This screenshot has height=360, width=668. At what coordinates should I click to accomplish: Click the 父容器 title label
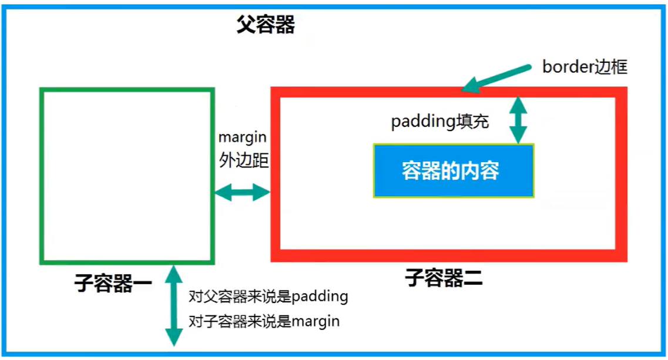[x=265, y=25]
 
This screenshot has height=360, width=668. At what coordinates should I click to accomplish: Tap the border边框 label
[x=584, y=66]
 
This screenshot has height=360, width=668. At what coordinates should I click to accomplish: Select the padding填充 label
[x=440, y=122]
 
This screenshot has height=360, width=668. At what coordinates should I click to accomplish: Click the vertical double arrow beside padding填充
[x=518, y=120]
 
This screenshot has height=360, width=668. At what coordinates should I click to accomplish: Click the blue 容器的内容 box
[x=454, y=171]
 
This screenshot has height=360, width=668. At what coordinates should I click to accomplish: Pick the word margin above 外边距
[x=242, y=137]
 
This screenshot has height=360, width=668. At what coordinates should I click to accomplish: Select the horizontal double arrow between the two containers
[x=241, y=192]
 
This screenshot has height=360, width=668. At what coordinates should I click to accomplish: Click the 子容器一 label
[x=113, y=284]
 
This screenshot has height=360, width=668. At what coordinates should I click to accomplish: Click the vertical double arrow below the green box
[x=174, y=305]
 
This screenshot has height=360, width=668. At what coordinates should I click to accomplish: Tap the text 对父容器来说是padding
[x=268, y=296]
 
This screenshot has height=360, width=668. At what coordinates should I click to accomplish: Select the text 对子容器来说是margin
[x=264, y=321]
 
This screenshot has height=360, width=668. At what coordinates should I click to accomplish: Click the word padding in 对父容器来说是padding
[x=320, y=296]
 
